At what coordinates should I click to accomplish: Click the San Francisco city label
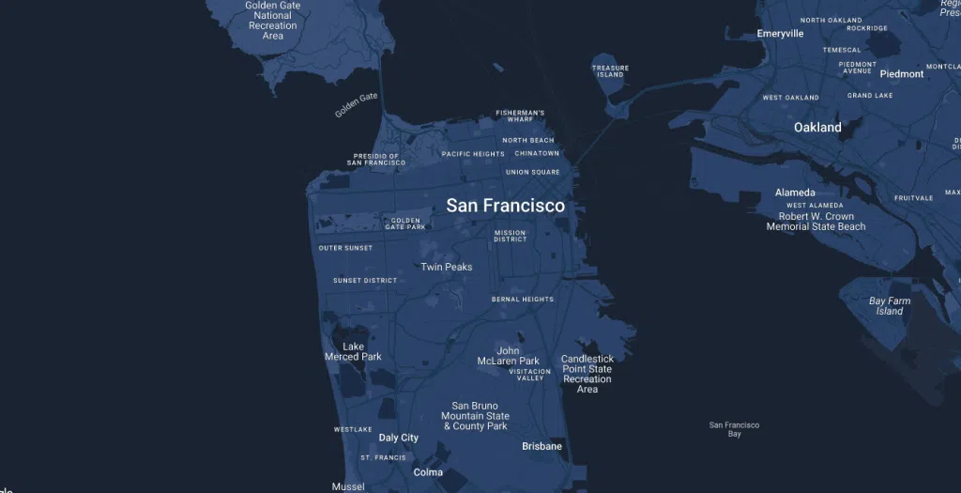tap(505, 206)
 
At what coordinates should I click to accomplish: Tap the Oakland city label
tap(817, 128)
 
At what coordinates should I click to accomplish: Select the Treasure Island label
tap(610, 71)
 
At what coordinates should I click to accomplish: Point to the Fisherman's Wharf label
tap(520, 116)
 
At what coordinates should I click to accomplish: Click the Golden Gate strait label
tap(356, 105)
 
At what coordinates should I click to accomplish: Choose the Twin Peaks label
tap(446, 268)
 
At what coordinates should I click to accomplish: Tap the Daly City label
tap(398, 439)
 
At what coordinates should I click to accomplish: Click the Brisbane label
tap(542, 446)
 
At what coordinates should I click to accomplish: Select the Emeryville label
tap(780, 34)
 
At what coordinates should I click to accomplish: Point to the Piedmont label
tap(901, 74)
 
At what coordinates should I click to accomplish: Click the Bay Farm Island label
tap(890, 306)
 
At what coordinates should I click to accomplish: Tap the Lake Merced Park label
tap(353, 352)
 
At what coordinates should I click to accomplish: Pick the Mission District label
tap(510, 236)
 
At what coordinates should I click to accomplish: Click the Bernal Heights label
tap(523, 300)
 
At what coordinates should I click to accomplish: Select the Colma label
tap(428, 472)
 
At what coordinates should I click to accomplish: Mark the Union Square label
tap(532, 173)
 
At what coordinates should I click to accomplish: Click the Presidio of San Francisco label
tap(375, 160)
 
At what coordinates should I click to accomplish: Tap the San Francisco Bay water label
tap(734, 429)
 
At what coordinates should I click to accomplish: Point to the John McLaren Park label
tap(508, 356)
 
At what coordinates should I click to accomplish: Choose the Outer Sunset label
tap(345, 248)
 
